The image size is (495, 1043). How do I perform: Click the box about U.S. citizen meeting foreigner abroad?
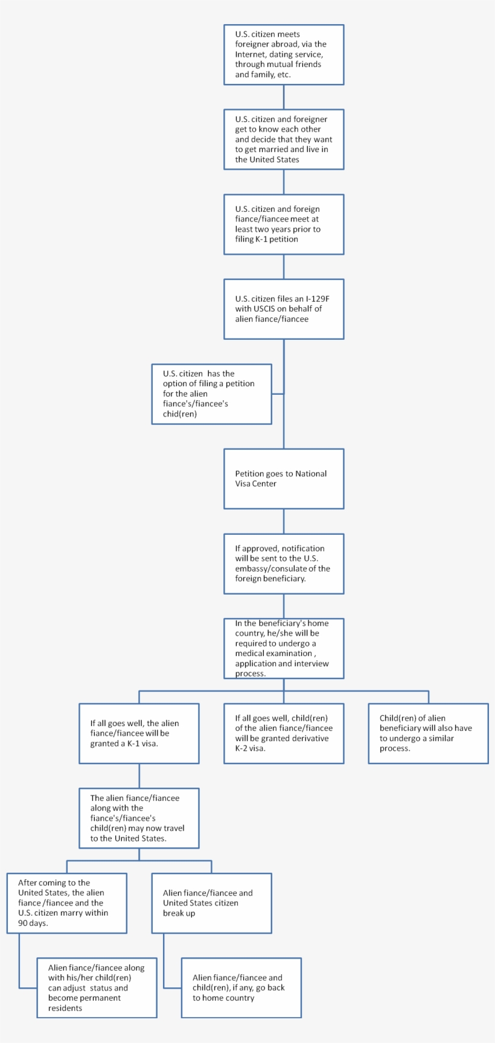284,55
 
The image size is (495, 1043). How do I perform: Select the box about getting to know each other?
284,139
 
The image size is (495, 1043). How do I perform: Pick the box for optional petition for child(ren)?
211,394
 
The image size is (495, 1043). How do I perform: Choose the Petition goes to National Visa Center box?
284,479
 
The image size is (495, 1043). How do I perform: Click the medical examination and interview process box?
284,648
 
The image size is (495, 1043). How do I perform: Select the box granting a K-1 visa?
139,733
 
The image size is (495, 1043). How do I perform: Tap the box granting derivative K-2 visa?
284,733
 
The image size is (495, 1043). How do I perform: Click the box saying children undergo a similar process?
428,733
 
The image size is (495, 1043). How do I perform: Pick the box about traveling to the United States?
139,818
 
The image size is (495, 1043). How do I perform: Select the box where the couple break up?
211,903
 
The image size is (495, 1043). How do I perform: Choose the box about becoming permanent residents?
97,988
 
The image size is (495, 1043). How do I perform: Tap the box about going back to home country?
241,988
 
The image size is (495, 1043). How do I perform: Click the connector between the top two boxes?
284,97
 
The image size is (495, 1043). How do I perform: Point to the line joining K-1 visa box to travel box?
139,776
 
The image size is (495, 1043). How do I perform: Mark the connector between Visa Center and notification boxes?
284,521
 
